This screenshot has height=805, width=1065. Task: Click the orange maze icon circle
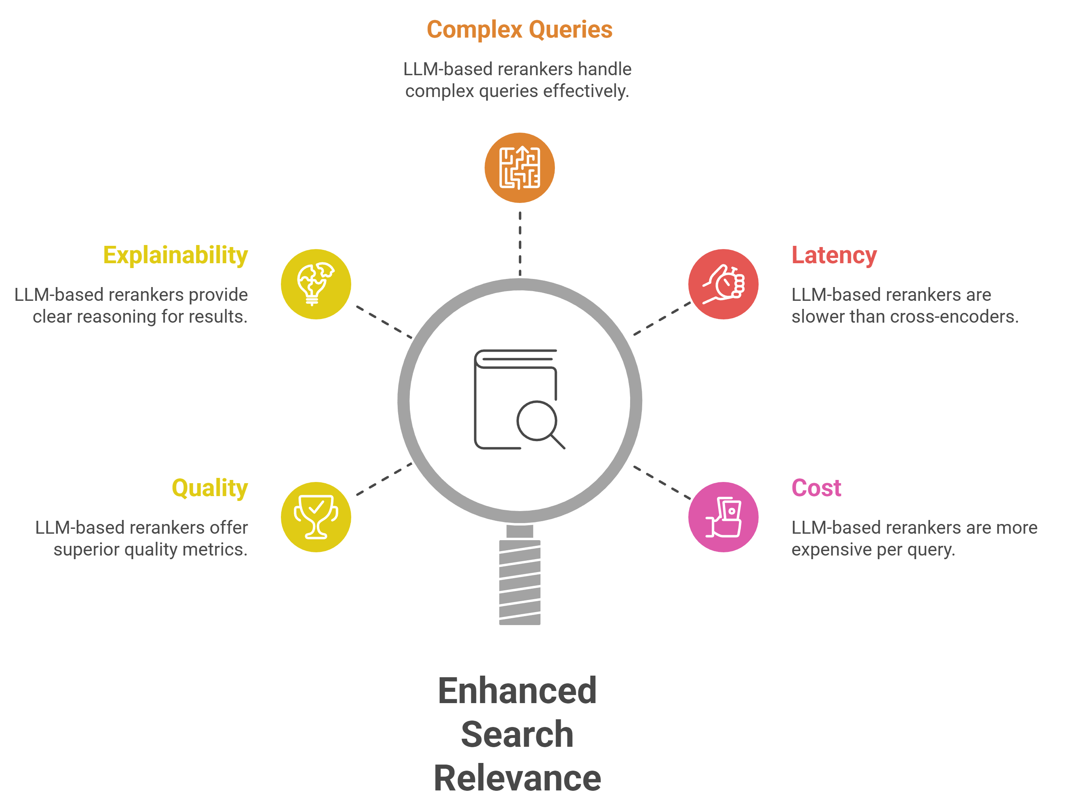pos(519,168)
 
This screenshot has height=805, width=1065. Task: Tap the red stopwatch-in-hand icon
pos(723,284)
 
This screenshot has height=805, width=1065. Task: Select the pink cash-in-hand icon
pos(723,517)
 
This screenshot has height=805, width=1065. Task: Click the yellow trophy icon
pos(316,517)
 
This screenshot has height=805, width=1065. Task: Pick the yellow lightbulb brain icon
pos(316,284)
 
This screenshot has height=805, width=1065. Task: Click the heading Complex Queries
pos(519,30)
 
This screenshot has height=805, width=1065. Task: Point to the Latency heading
pos(834,255)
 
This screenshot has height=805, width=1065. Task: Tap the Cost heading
pos(816,488)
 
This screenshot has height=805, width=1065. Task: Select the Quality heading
pos(210,488)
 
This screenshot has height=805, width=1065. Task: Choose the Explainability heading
pos(176,255)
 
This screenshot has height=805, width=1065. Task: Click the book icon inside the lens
pos(519,399)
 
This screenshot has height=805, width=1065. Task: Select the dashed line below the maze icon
pos(520,243)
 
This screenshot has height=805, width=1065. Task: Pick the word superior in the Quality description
pos(86,550)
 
